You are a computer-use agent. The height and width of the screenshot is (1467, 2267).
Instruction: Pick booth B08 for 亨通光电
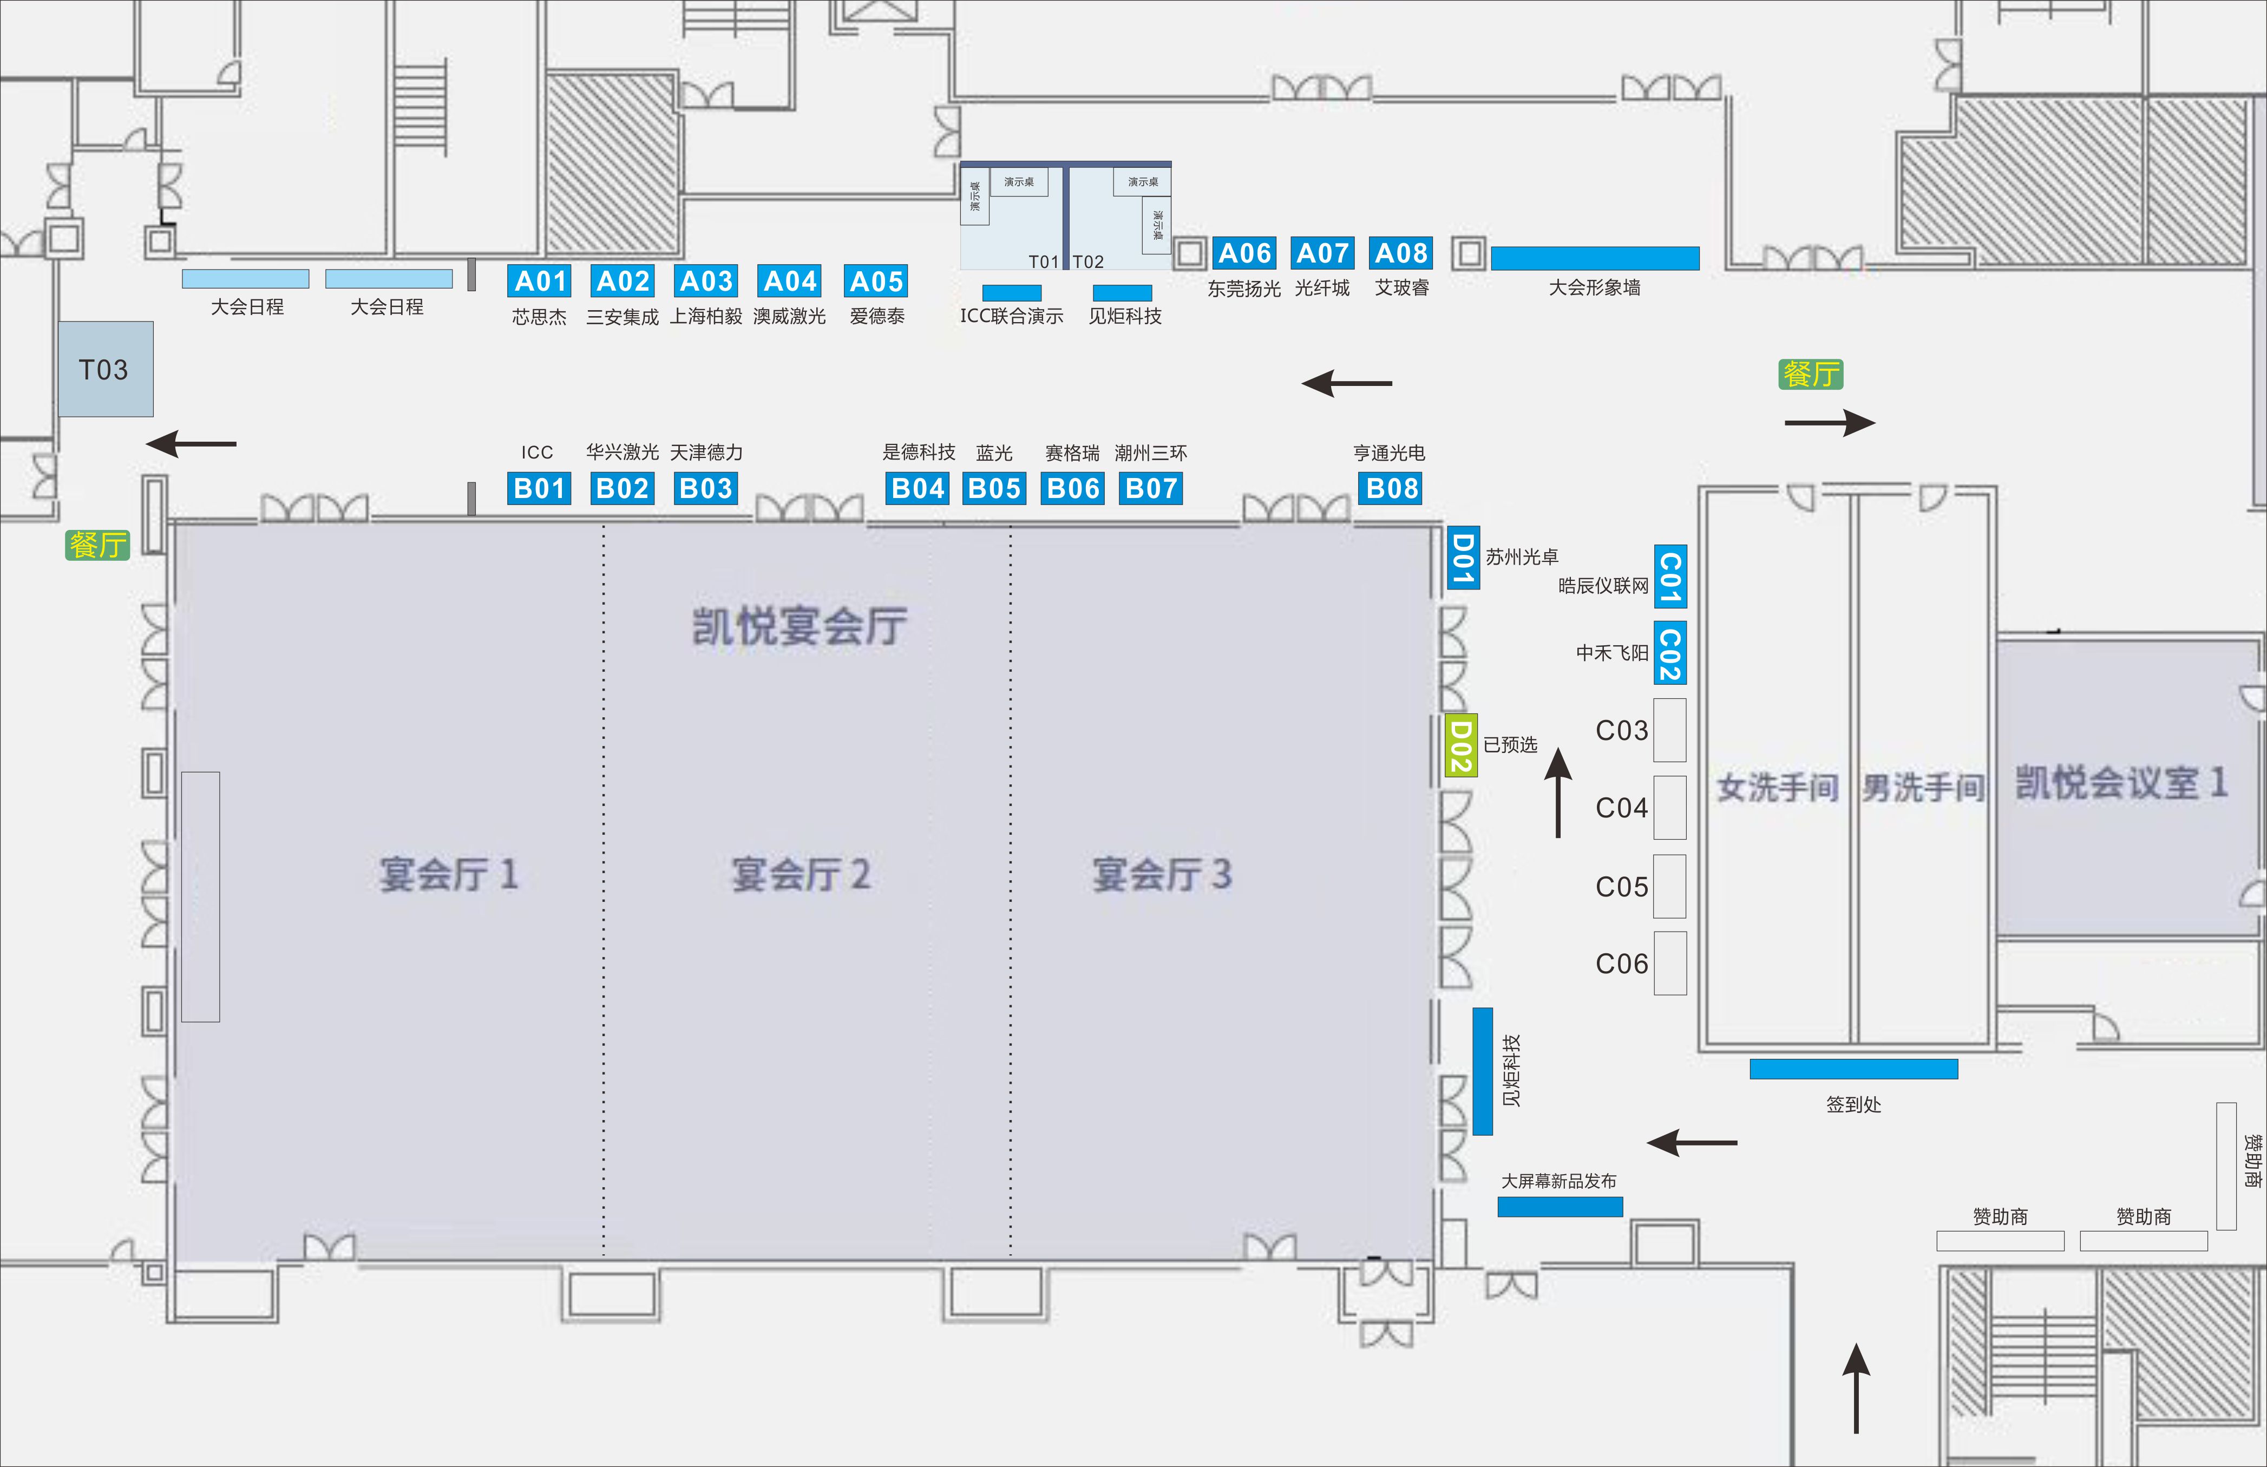click(x=1392, y=489)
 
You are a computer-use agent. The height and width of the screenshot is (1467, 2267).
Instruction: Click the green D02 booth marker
click(x=1461, y=746)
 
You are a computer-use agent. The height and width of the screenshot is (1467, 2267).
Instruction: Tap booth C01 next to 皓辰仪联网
click(x=1670, y=577)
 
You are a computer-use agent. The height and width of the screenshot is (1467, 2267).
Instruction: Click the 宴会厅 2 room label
click(x=800, y=874)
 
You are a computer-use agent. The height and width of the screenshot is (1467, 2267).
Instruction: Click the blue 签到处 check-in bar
click(x=1853, y=1069)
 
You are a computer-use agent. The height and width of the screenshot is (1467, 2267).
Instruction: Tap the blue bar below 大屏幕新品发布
click(x=1560, y=1207)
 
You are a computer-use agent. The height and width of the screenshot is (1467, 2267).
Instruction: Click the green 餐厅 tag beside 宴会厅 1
click(x=97, y=545)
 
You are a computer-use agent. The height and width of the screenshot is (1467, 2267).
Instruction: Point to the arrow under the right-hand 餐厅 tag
click(x=1829, y=422)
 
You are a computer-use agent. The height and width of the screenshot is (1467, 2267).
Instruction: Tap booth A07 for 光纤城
click(x=1322, y=253)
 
